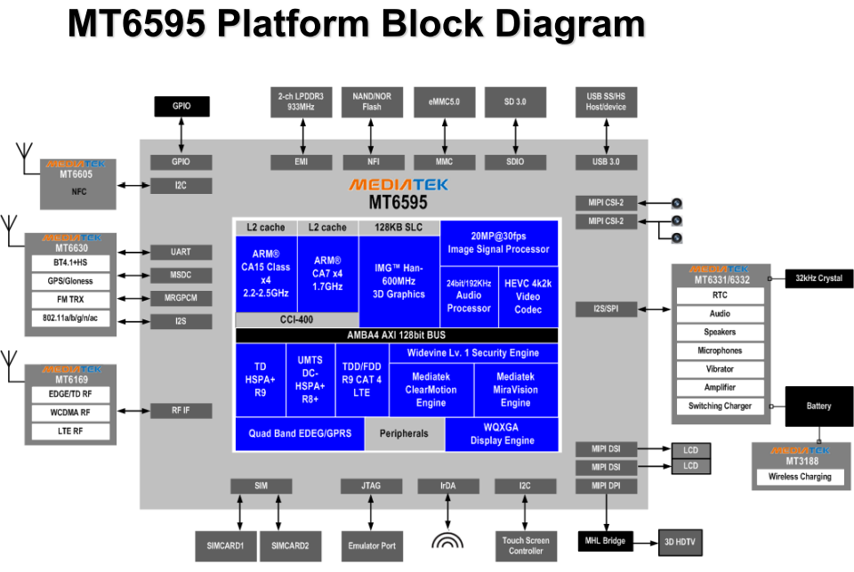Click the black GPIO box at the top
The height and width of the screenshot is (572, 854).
[x=181, y=106]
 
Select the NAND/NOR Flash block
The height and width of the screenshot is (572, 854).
[x=372, y=102]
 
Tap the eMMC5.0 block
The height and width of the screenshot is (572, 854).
[x=443, y=102]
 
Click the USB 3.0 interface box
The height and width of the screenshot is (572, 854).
[x=605, y=162]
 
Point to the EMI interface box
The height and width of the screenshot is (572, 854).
[x=301, y=162]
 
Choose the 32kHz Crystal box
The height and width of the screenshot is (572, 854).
[x=818, y=278]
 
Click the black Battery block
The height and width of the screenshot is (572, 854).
[x=818, y=407]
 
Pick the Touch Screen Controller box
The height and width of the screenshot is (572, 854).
[x=525, y=545]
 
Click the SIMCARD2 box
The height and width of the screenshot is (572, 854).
[x=290, y=545]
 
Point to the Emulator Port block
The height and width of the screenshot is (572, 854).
[x=372, y=545]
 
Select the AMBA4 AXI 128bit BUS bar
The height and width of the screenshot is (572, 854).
[x=396, y=335]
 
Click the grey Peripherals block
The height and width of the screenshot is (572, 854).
[x=404, y=434]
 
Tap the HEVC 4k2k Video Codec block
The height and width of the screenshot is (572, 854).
[x=528, y=296]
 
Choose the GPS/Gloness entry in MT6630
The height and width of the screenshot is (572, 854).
[x=69, y=281]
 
